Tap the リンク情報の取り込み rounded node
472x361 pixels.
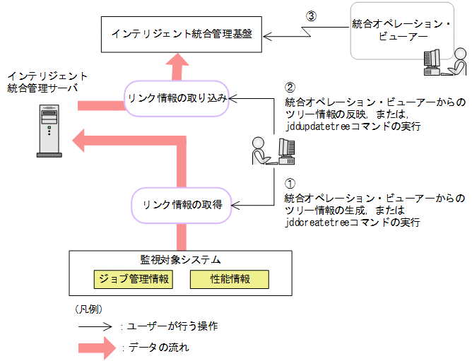pyautogui.click(x=177, y=98)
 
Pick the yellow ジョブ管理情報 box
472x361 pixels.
pyautogui.click(x=133, y=279)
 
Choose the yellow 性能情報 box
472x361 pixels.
pyautogui.click(x=230, y=279)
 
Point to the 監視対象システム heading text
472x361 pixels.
pyautogui.click(x=181, y=259)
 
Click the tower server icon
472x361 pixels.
pyautogui.click(x=48, y=131)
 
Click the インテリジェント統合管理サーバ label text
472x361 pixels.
pyautogui.click(x=47, y=81)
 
